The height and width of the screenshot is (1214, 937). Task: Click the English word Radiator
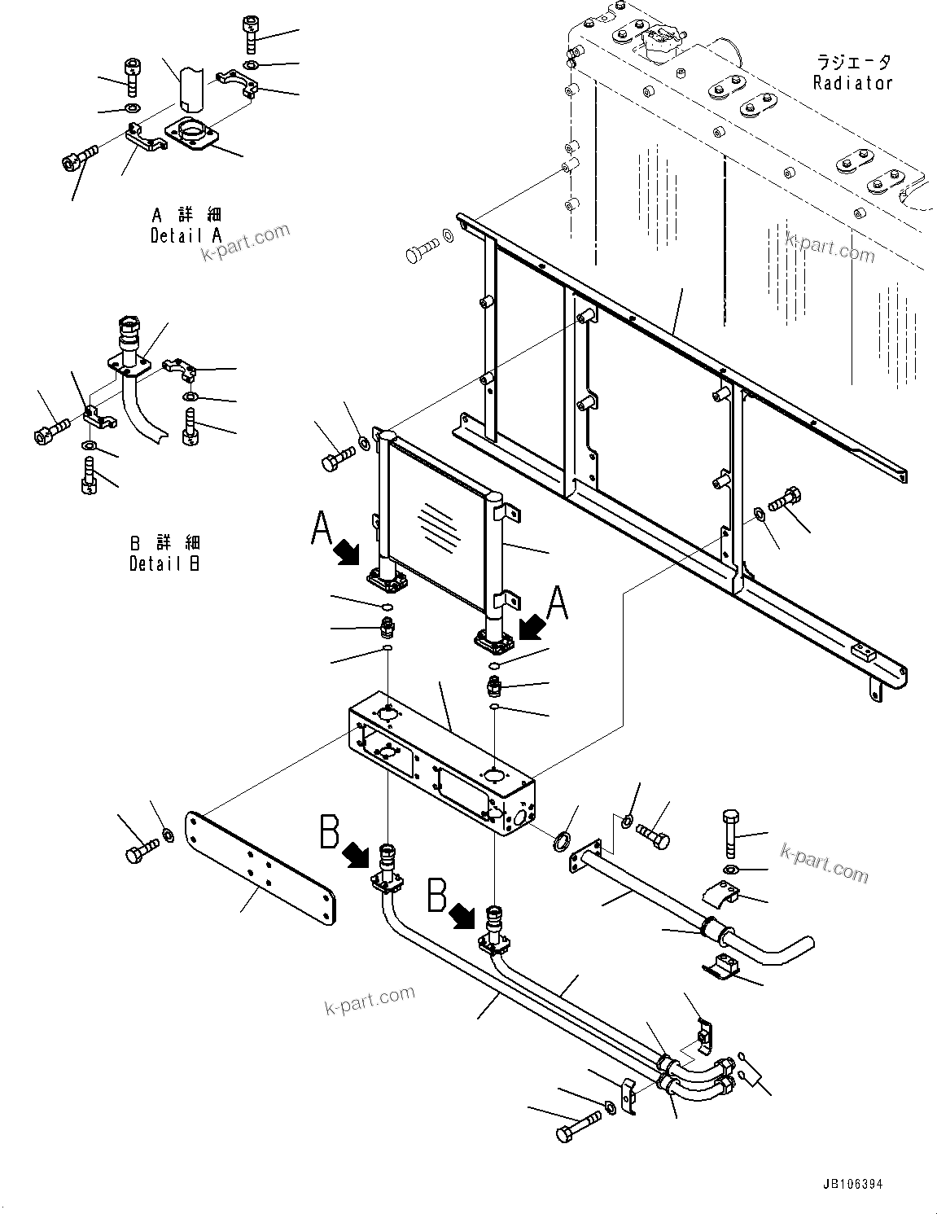(852, 82)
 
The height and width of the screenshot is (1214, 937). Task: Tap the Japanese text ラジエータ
(853, 62)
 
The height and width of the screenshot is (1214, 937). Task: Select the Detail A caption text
(186, 226)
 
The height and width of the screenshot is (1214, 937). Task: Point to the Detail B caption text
(164, 553)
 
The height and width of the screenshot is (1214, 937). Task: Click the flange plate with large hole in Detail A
(192, 134)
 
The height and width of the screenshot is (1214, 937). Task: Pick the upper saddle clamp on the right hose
(730, 892)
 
